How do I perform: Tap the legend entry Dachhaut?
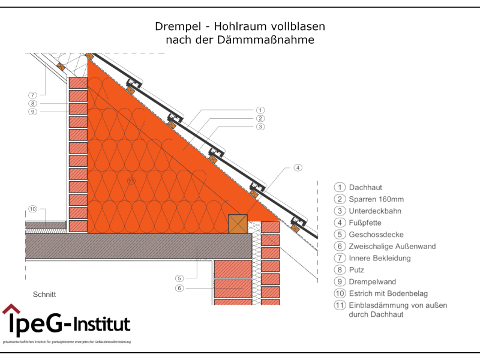[x=365, y=187]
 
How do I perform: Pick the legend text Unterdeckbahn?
[x=375, y=211]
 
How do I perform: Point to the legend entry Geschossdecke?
[x=374, y=235]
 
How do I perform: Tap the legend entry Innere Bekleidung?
[x=380, y=258]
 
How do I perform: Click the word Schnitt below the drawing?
[x=44, y=295]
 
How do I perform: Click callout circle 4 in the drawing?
[x=298, y=167]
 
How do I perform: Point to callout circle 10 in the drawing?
[x=32, y=209]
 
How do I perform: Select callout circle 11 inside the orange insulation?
[x=131, y=180]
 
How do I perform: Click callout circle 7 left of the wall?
[x=32, y=95]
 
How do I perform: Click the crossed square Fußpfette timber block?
[x=238, y=223]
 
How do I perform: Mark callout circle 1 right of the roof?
[x=260, y=110]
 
